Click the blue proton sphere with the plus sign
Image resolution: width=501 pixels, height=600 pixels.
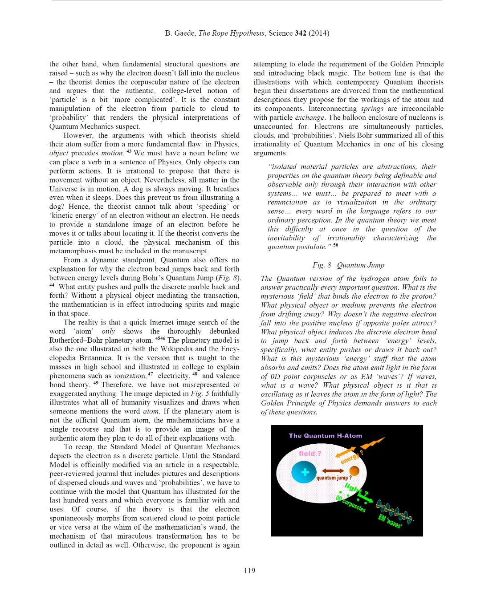[x=304, y=472]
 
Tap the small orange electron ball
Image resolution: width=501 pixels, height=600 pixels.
[x=354, y=470]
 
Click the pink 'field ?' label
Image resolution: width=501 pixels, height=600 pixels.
[x=310, y=453]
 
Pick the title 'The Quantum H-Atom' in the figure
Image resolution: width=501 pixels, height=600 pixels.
[x=325, y=436]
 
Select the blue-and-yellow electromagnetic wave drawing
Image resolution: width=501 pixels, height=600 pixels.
[x=394, y=511]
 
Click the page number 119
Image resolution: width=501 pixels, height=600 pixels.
[x=249, y=571]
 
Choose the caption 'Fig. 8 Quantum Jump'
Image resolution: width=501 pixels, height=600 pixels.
[x=348, y=265]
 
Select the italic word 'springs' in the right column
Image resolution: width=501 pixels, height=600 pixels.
[x=372, y=109]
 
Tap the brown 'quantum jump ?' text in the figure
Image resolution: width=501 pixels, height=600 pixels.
[x=334, y=478]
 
